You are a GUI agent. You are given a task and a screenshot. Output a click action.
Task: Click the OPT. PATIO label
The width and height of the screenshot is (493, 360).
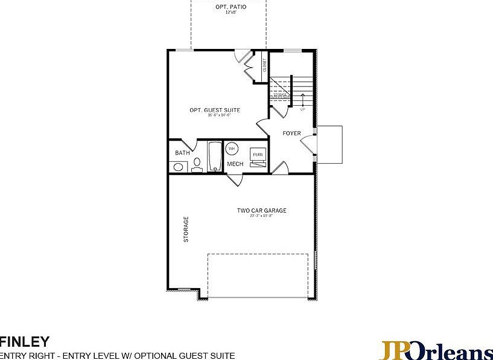pos(229,7)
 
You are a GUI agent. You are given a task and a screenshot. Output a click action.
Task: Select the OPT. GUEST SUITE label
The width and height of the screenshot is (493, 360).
pos(215,110)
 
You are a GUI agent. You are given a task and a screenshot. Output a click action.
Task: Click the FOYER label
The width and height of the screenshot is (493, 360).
pos(291,133)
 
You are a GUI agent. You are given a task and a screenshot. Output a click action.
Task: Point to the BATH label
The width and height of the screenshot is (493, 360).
pos(182,153)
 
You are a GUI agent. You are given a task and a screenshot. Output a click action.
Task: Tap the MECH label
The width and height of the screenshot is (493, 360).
pos(235,164)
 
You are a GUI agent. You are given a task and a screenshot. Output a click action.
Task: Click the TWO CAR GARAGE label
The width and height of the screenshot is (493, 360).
pos(261,211)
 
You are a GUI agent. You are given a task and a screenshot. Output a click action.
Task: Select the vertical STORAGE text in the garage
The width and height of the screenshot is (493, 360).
pos(186,230)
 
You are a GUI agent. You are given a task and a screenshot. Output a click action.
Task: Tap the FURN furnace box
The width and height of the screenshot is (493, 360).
pos(258,155)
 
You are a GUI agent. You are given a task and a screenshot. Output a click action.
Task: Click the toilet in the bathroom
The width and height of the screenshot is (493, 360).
pos(197,166)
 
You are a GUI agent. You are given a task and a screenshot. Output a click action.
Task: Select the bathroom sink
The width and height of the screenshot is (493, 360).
pos(177,167)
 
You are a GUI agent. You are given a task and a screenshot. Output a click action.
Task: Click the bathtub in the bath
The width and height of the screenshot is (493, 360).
pos(215,157)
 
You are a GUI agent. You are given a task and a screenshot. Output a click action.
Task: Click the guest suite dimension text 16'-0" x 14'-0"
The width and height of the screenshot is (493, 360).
pos(215,115)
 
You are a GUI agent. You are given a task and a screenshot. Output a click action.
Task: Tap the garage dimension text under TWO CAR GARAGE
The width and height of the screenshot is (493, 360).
pos(261,216)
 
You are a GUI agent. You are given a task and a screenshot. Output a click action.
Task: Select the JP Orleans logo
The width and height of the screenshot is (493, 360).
pos(436,351)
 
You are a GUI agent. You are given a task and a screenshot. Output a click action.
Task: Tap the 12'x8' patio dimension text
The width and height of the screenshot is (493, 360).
pos(229,12)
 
